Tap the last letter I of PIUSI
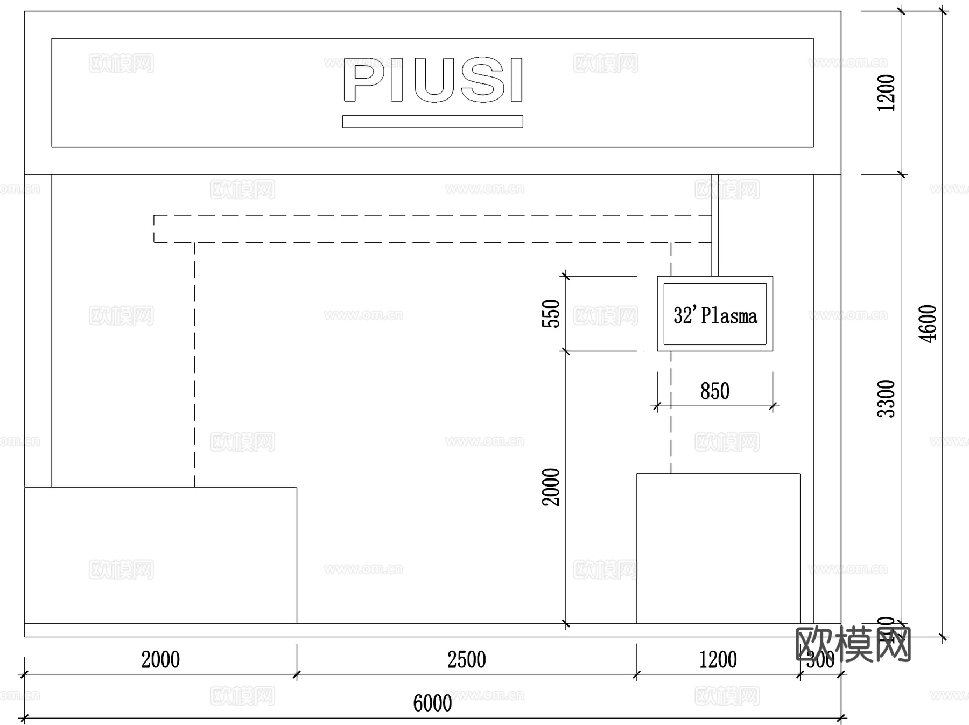[x=516, y=80]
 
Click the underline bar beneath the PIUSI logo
[x=432, y=122]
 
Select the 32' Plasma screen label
[x=715, y=315]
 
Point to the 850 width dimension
[x=715, y=391]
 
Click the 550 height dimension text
[x=551, y=314]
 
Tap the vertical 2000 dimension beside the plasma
[x=551, y=487]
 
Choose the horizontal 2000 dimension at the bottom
[x=160, y=660]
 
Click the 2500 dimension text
[x=466, y=660]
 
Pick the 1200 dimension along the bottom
[x=718, y=660]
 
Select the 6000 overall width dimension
[x=432, y=703]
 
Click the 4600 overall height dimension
[x=929, y=323]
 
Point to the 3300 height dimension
[x=886, y=398]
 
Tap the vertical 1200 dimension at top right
[x=886, y=93]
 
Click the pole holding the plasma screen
[x=715, y=225]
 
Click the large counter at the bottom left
[x=160, y=555]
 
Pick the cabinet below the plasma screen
[x=718, y=548]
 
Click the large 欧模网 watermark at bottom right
[x=853, y=644]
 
